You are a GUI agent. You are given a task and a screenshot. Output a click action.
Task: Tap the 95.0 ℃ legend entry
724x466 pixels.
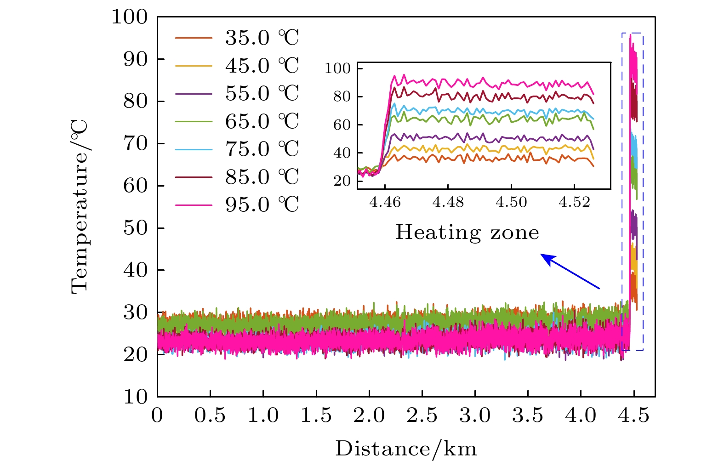pyautogui.click(x=262, y=205)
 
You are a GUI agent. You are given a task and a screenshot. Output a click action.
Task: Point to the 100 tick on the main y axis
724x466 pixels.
pyautogui.click(x=130, y=17)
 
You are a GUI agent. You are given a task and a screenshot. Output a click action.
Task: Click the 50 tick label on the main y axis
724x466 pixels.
pyautogui.click(x=136, y=228)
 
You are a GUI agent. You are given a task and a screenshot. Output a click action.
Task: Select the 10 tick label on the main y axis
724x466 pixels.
pyautogui.click(x=136, y=397)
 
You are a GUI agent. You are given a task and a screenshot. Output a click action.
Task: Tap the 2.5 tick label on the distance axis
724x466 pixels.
pyautogui.click(x=422, y=416)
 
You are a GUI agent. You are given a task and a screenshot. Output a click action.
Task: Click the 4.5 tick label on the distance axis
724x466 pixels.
pyautogui.click(x=634, y=416)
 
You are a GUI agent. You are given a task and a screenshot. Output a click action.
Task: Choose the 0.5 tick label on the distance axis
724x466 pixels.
pyautogui.click(x=210, y=416)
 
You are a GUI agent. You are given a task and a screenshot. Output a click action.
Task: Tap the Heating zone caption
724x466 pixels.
pyautogui.click(x=467, y=233)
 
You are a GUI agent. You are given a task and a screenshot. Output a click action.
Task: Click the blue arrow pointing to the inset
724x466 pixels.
pyautogui.click(x=570, y=272)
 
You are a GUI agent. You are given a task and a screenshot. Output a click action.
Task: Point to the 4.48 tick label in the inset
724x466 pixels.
pyautogui.click(x=448, y=202)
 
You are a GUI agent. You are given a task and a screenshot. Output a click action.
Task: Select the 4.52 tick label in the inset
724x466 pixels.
pyautogui.click(x=574, y=202)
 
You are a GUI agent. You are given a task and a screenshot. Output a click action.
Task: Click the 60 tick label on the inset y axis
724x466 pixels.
pyautogui.click(x=342, y=125)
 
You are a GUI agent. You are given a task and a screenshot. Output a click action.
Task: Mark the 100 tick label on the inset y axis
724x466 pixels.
pyautogui.click(x=338, y=68)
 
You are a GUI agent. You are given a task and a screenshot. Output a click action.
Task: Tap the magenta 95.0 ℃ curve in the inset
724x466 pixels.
pyautogui.click(x=483, y=83)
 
